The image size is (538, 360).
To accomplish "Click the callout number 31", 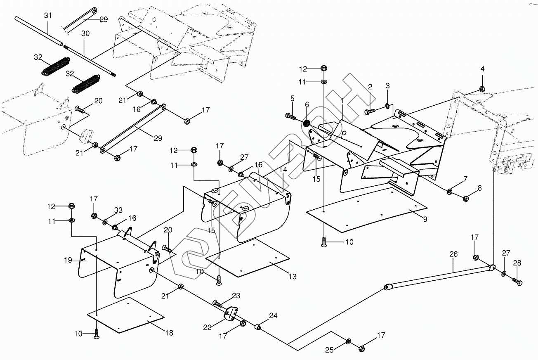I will pyautogui.click(x=48, y=15).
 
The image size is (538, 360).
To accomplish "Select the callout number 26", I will pyautogui.click(x=453, y=254).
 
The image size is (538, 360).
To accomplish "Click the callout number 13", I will pyautogui.click(x=293, y=277).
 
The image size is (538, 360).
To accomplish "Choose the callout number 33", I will pyautogui.click(x=118, y=210).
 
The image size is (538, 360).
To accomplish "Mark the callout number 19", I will pyautogui.click(x=68, y=260).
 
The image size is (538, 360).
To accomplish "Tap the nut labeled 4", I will pyautogui.click(x=482, y=89).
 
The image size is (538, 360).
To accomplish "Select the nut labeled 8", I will pyautogui.click(x=465, y=199).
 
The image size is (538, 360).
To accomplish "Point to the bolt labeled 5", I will pyautogui.click(x=291, y=116).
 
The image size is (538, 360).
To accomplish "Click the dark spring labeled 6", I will pyautogui.click(x=307, y=123).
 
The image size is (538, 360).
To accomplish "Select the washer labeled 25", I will pyautogui.click(x=348, y=341).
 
